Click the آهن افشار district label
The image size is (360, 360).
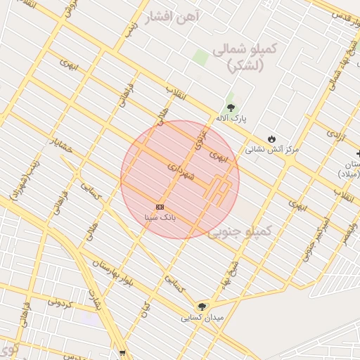point(172,18)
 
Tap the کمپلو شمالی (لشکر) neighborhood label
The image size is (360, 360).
point(245,58)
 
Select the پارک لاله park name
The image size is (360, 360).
point(230,117)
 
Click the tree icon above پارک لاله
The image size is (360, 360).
point(230,106)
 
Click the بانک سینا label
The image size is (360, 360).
point(160,218)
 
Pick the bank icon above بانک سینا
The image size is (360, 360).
point(160,207)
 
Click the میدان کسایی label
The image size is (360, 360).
point(202,318)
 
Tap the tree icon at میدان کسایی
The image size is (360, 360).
point(202,306)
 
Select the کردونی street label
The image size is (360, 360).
point(62,302)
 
